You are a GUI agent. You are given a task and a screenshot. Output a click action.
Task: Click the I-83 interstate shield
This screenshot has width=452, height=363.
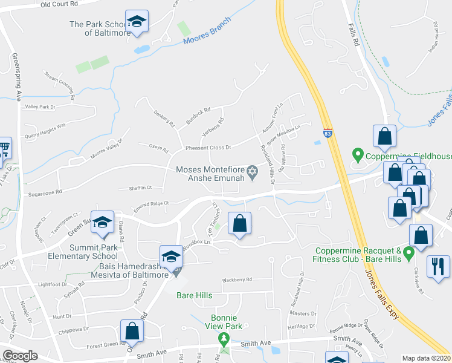click(x=327, y=133)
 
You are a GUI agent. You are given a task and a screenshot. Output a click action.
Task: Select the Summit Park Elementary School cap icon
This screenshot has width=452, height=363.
click(x=103, y=223)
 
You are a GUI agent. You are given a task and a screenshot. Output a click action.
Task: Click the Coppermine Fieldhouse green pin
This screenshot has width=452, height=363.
click(x=358, y=156)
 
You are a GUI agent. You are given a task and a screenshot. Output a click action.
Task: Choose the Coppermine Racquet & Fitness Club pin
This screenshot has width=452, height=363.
click(x=408, y=252)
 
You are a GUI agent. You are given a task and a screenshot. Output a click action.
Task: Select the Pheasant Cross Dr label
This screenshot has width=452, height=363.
click(x=209, y=148)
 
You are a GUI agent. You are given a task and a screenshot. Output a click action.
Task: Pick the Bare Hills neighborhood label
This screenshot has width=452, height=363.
click(x=194, y=295)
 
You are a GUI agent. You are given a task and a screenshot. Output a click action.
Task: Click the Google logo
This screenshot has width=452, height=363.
click(x=20, y=356)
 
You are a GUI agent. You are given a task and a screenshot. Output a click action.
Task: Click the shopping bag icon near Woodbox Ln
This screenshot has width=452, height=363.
click(x=240, y=223)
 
